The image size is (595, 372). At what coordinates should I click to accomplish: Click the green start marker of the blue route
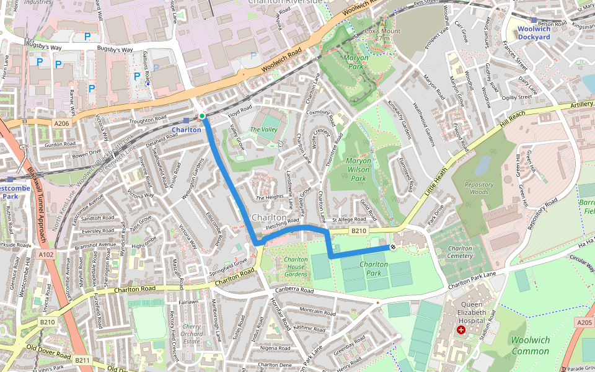point(202,116)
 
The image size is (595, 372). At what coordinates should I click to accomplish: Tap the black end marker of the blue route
point(392,247)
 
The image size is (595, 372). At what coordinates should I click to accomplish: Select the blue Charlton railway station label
point(186,130)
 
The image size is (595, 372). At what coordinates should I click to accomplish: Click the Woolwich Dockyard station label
point(534,33)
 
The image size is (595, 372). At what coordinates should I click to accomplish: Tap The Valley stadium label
point(263,130)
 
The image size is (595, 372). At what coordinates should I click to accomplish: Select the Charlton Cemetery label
point(460,252)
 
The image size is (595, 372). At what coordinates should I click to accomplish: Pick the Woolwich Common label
point(530,345)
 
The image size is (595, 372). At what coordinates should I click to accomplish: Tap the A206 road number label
point(62,124)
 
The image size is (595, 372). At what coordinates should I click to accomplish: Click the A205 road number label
point(584,322)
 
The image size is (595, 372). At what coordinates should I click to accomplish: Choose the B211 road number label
point(82,360)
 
